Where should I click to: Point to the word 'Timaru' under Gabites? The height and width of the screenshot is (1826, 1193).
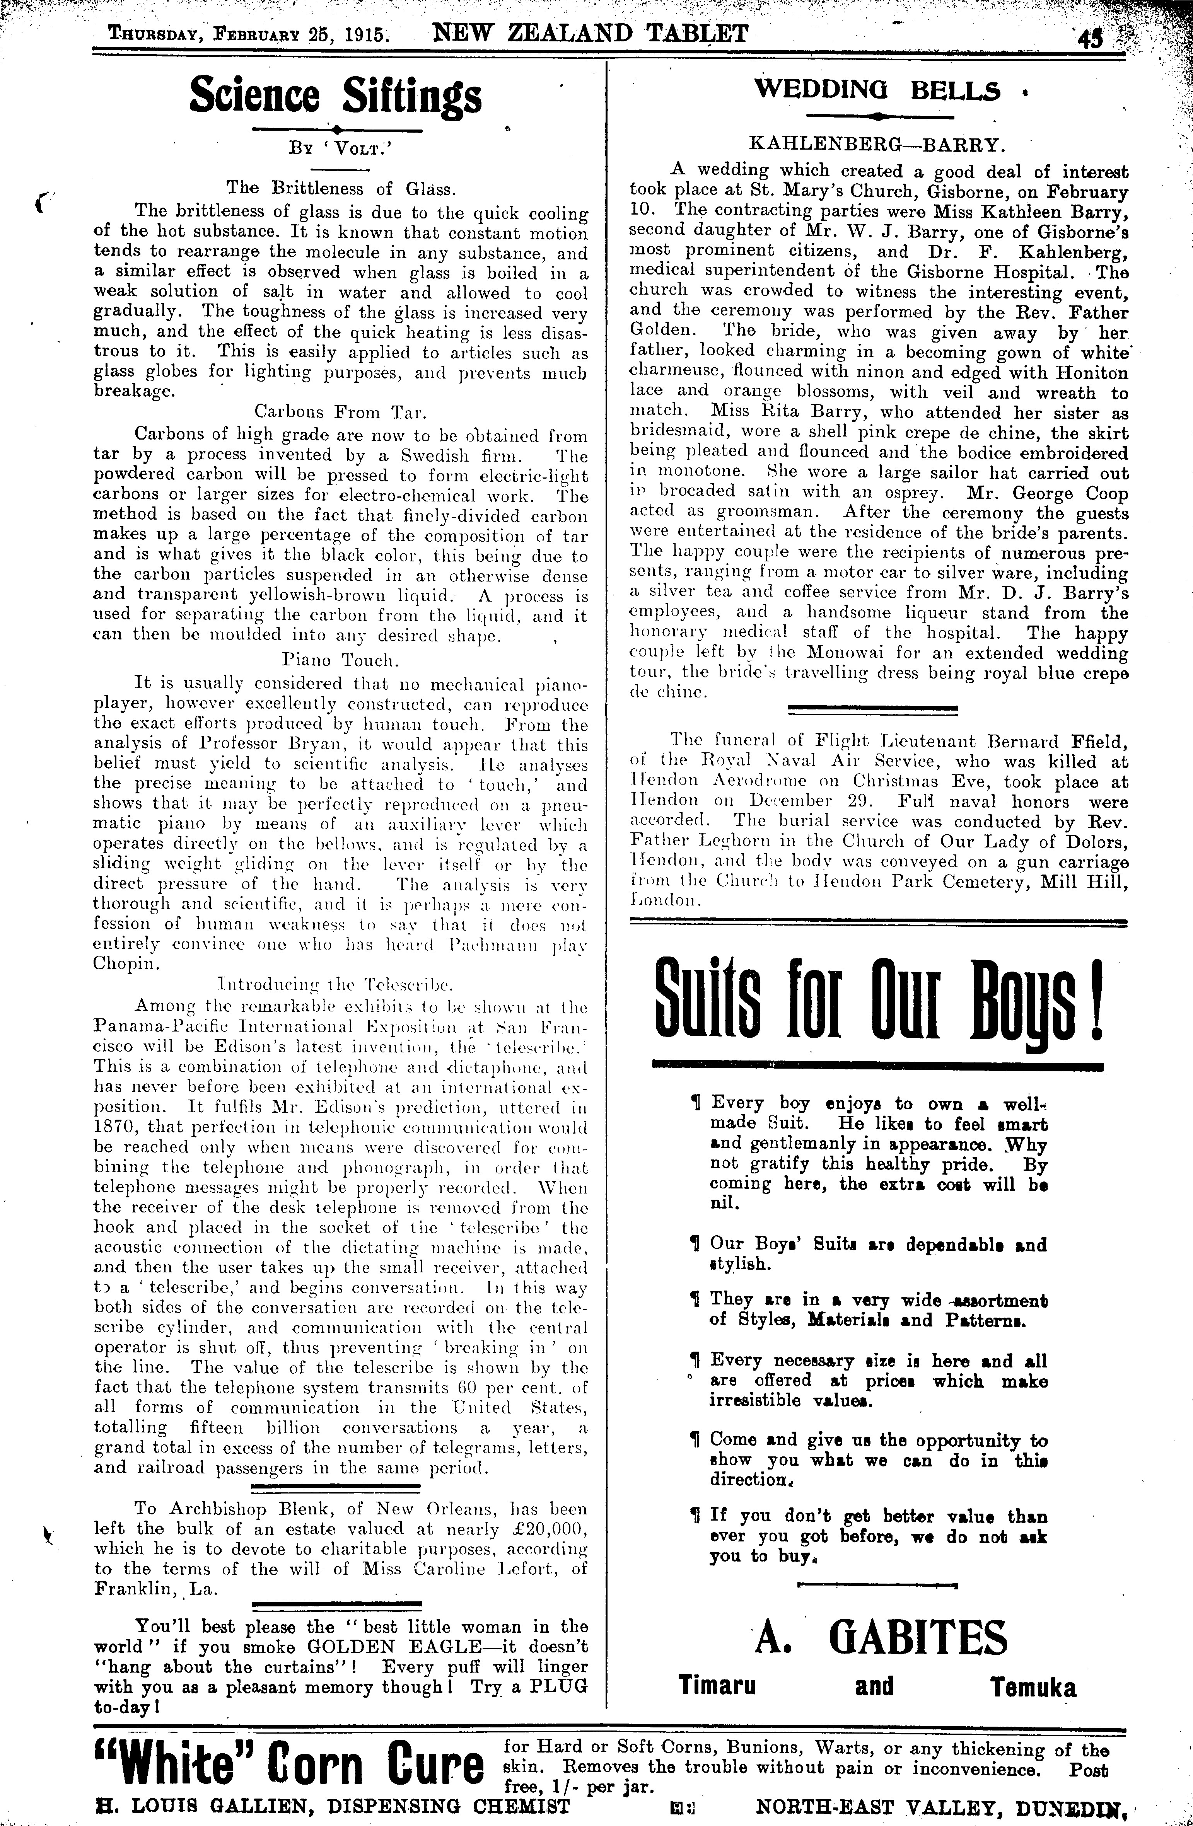717,1686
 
